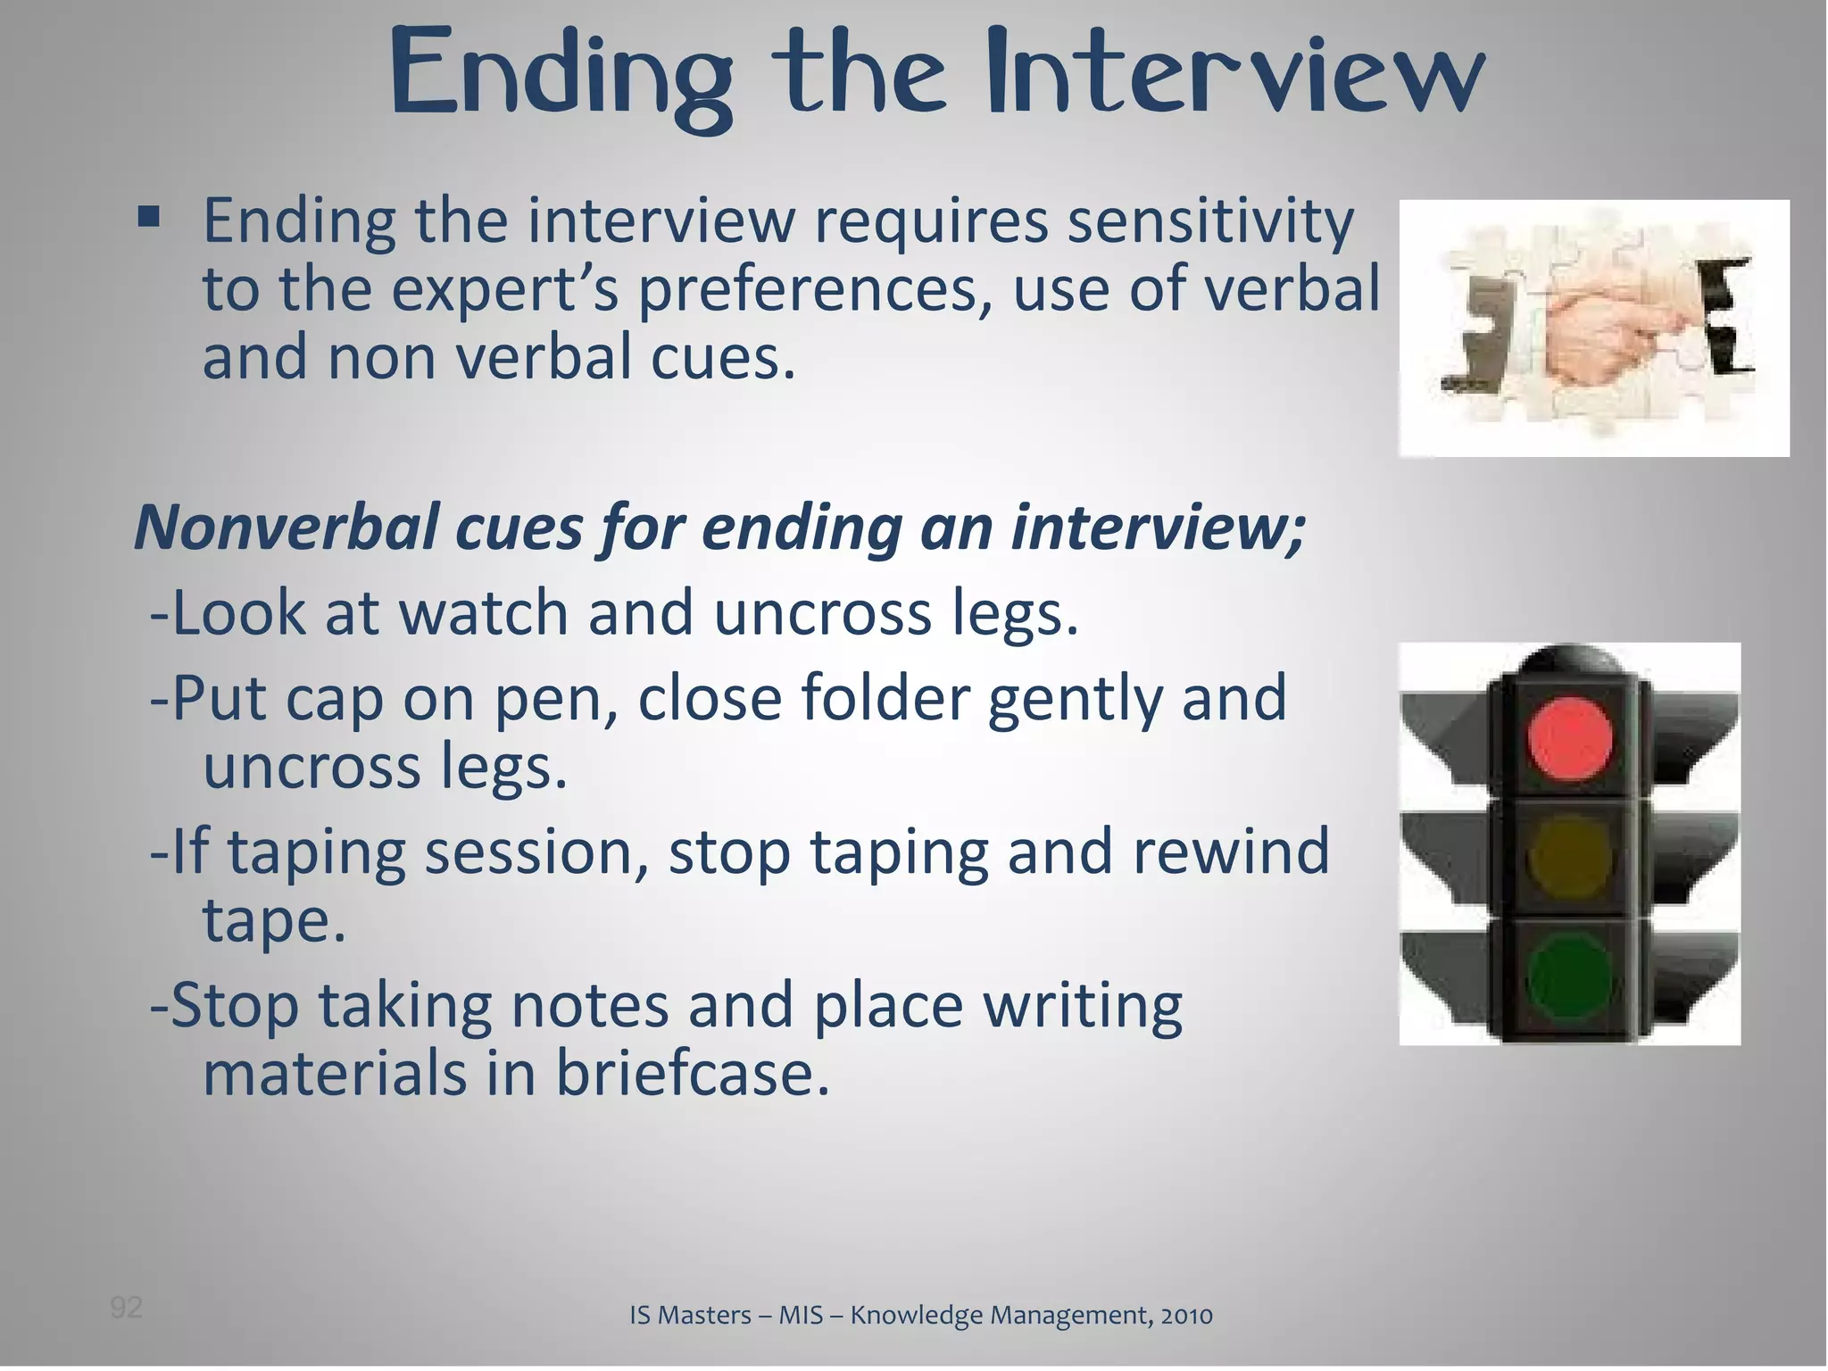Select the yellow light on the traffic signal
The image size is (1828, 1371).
point(1568,858)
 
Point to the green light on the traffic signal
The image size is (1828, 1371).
point(1568,979)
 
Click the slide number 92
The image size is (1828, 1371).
point(126,1308)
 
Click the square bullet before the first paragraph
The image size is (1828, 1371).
point(149,217)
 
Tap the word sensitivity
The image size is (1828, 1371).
point(1210,223)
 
